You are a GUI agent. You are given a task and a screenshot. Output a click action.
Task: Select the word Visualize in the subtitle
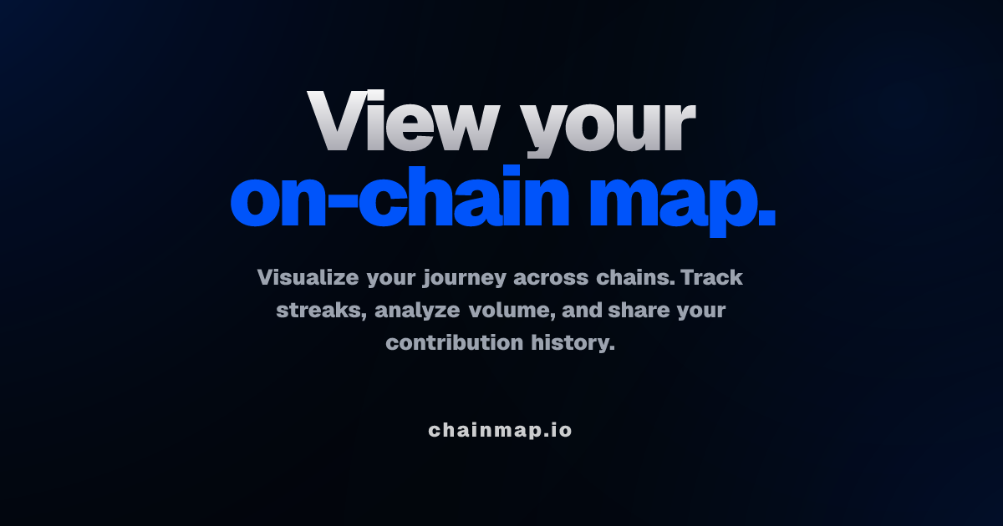pyautogui.click(x=308, y=277)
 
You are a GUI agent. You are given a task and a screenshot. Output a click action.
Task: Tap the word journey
pyautogui.click(x=465, y=279)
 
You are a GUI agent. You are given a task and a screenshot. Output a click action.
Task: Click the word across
pyautogui.click(x=551, y=278)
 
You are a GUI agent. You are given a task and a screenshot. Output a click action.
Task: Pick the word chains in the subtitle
pyautogui.click(x=636, y=277)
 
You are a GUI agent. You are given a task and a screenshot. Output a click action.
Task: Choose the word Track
pyautogui.click(x=712, y=277)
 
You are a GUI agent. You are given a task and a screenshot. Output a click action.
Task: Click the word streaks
pyautogui.click(x=322, y=311)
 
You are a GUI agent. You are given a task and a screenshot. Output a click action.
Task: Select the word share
pyautogui.click(x=639, y=310)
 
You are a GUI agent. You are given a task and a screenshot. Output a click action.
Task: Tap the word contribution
pyautogui.click(x=455, y=342)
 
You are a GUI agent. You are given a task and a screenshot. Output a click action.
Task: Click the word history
pyautogui.click(x=573, y=343)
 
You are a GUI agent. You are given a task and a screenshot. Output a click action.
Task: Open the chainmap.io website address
pyautogui.click(x=500, y=430)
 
